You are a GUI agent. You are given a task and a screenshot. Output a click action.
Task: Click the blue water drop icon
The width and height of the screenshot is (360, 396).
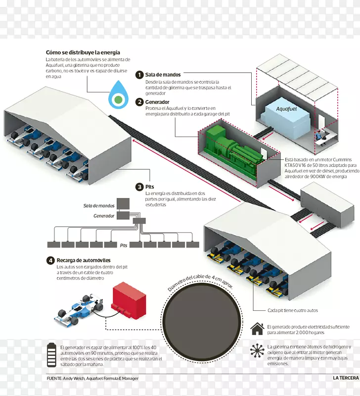118,98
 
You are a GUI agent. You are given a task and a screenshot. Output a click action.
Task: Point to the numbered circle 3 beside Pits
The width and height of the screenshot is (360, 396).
139,187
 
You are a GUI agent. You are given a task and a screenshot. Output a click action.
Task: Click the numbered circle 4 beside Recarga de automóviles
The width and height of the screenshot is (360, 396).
50,260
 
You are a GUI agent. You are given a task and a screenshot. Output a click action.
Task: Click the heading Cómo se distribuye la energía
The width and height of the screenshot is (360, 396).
83,52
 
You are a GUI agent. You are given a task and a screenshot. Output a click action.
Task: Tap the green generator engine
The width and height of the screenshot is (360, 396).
232,147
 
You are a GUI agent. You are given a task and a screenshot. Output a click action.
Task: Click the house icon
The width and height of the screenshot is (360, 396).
257,329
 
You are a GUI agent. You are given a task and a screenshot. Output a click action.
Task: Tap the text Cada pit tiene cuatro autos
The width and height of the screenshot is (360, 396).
293,310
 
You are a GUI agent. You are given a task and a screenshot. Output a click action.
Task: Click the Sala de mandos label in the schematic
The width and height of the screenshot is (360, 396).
99,205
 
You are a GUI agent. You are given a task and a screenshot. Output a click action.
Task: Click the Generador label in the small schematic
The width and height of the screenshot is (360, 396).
104,216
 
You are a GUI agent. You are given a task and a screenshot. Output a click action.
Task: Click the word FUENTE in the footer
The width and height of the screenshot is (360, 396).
54,379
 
